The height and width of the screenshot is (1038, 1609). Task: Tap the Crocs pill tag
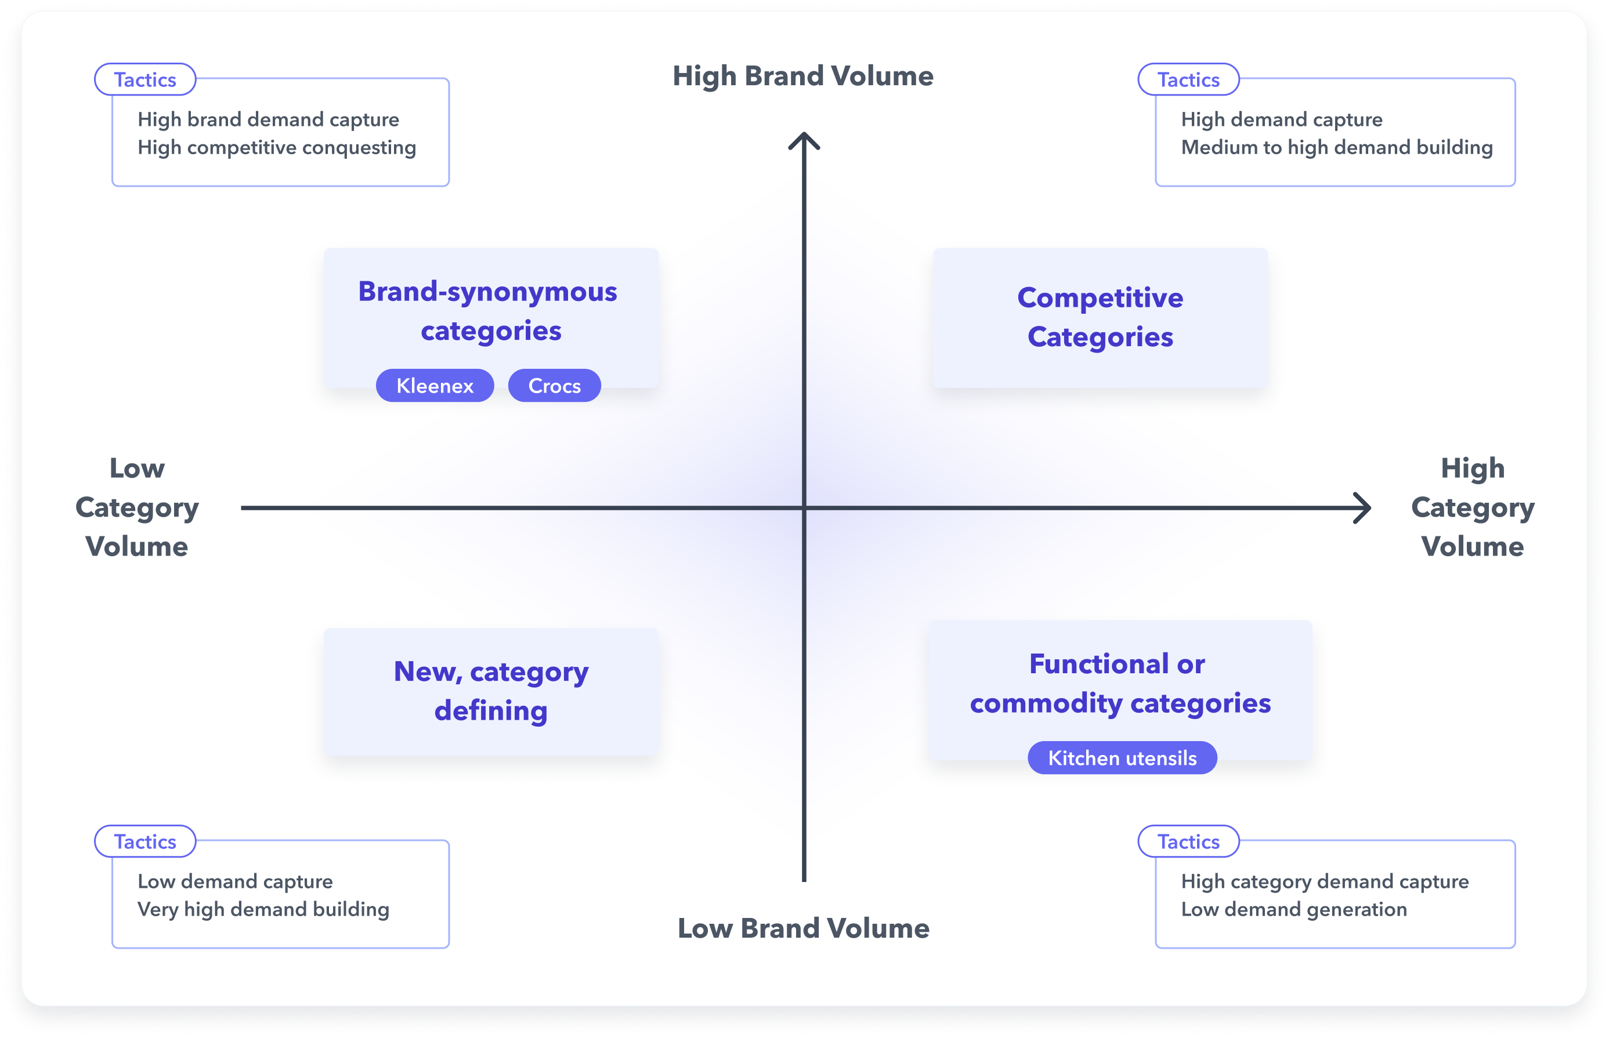[554, 386]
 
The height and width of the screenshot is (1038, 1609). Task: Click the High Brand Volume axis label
[802, 76]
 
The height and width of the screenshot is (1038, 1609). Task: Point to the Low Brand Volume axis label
[802, 928]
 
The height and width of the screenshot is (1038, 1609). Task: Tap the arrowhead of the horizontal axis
[1364, 507]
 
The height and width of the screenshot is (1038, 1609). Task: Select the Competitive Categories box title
[1100, 317]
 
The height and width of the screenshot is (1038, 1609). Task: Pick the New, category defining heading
[491, 691]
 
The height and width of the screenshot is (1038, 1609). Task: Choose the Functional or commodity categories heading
[1119, 684]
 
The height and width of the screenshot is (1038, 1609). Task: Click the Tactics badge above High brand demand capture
[145, 79]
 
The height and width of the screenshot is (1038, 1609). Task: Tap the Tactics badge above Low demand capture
[145, 841]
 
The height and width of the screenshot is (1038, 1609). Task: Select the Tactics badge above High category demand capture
[1188, 841]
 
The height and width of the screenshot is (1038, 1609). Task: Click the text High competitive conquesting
[277, 148]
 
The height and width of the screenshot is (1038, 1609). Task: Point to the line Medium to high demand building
[1336, 148]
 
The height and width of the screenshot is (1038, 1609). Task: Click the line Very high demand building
[263, 909]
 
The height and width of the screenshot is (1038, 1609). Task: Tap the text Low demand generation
[1293, 909]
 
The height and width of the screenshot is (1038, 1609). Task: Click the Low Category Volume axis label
[137, 507]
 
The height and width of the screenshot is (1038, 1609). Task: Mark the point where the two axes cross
[804, 507]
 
